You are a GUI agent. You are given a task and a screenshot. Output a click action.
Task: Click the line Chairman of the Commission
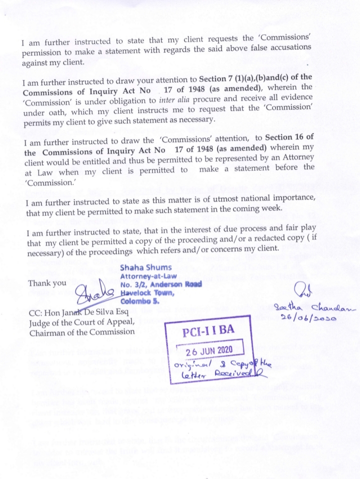click(x=81, y=332)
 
